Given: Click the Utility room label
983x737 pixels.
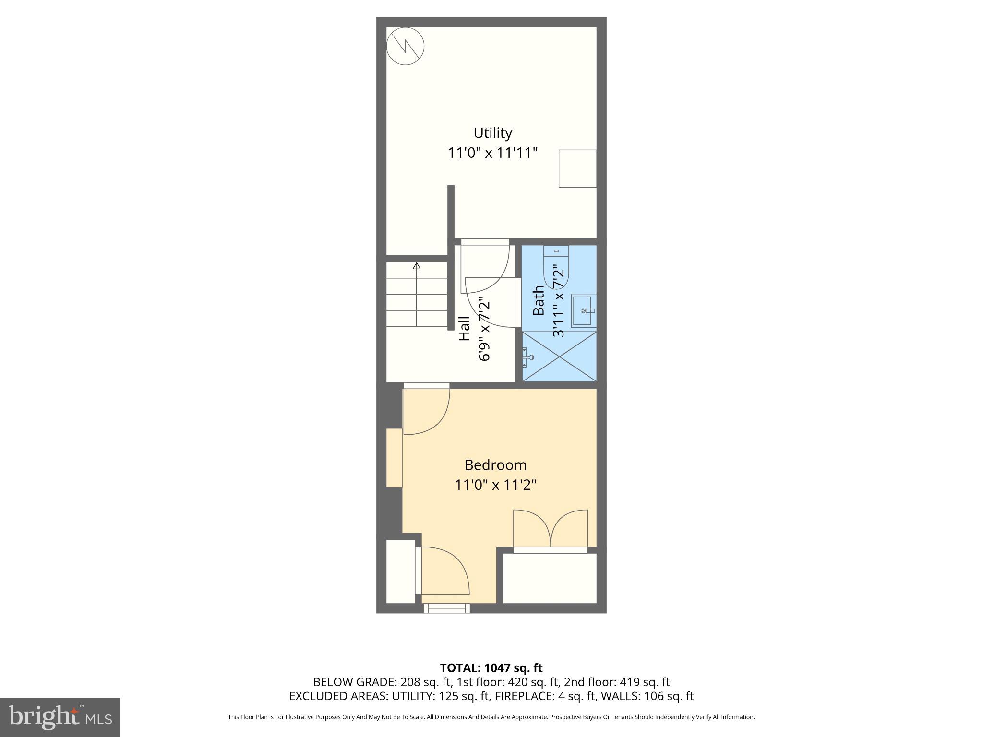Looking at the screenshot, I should (x=492, y=133).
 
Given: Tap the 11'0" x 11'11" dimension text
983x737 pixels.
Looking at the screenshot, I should (x=492, y=153).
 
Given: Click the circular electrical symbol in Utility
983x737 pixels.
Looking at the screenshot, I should (x=406, y=46).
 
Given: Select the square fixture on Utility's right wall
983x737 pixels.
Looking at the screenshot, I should (x=577, y=168).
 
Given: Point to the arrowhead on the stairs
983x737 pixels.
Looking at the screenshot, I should (x=417, y=266).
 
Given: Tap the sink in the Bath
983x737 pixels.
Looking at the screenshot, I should (x=583, y=311).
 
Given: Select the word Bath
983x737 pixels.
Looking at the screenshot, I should (x=539, y=300).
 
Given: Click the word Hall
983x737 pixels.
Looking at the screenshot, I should (x=464, y=329).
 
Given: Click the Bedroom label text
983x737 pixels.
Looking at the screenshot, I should (x=495, y=465).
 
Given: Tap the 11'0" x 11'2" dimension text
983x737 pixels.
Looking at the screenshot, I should (x=495, y=485).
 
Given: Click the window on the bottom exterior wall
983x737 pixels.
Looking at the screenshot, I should (x=446, y=608).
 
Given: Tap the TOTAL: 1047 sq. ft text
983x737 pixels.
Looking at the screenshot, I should (x=491, y=668).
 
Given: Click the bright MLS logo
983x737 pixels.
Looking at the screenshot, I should (x=60, y=717).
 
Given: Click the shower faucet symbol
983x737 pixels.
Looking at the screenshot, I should (x=529, y=357).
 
